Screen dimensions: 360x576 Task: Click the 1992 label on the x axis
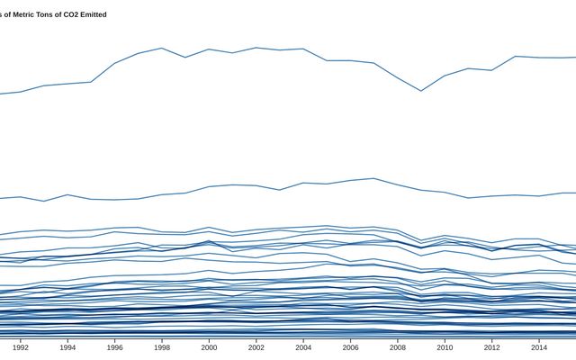(x=21, y=347)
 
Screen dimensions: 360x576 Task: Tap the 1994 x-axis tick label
(x=67, y=347)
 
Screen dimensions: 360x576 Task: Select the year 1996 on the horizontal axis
(x=114, y=347)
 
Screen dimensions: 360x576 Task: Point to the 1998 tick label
(x=162, y=347)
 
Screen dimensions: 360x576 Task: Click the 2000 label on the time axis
(x=209, y=347)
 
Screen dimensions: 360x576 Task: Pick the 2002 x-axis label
(x=256, y=347)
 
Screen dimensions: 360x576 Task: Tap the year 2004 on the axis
(x=303, y=347)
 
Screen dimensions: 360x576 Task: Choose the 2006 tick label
(x=350, y=347)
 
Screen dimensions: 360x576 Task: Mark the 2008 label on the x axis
(x=397, y=347)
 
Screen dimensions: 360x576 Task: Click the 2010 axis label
(x=445, y=347)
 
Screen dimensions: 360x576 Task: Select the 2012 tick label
(x=491, y=347)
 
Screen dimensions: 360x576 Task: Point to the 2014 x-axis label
(x=538, y=347)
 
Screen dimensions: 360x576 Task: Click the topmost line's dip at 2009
(x=420, y=91)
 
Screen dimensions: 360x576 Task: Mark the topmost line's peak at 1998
(x=162, y=49)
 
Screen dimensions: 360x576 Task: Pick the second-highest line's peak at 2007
(x=373, y=178)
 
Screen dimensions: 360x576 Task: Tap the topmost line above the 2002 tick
(x=256, y=48)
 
